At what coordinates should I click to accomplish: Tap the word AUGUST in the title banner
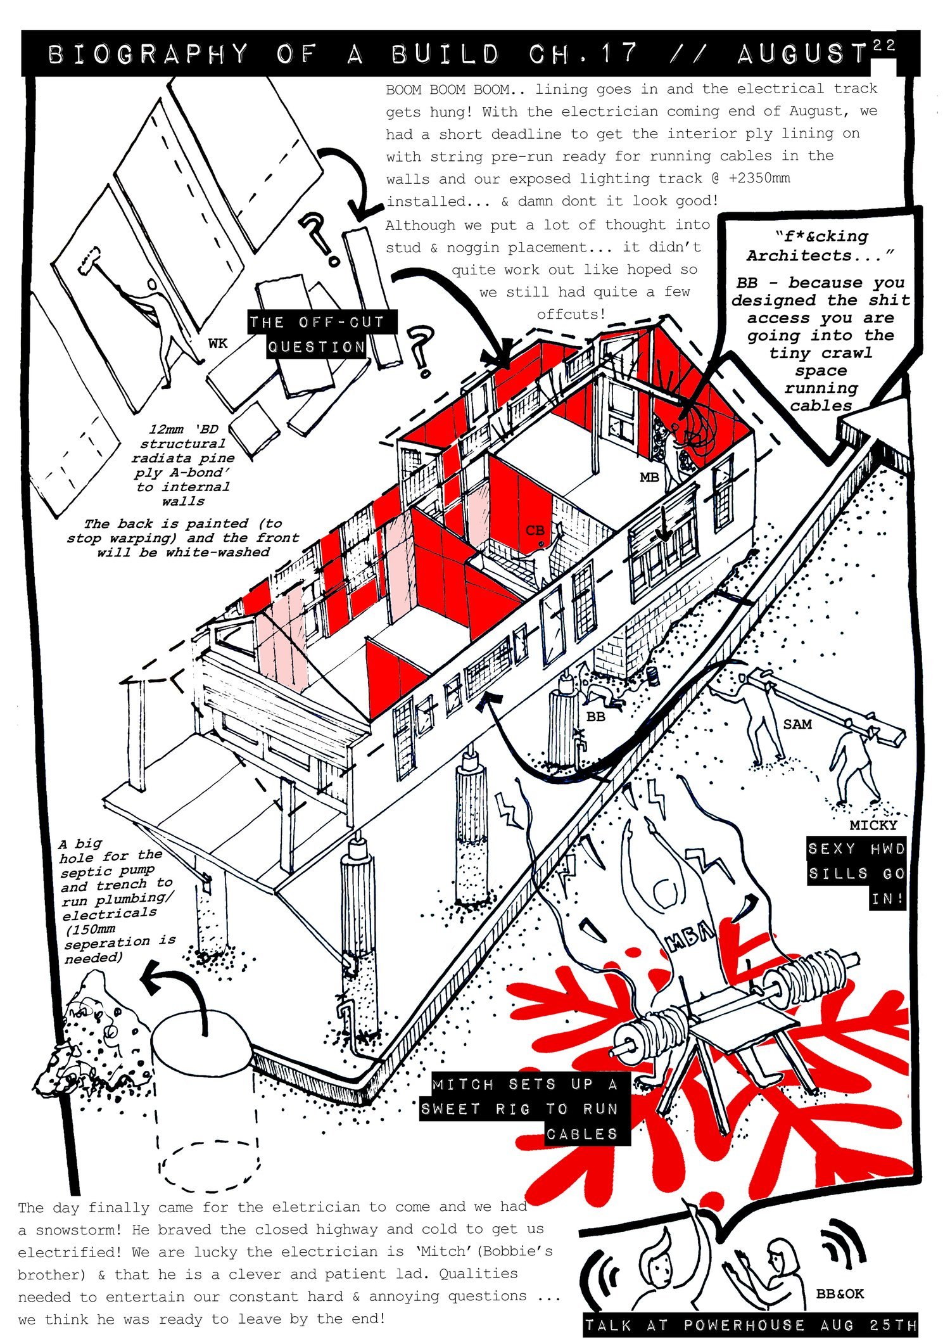tap(801, 54)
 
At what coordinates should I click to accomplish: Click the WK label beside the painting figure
tap(217, 343)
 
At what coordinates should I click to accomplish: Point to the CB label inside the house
tap(535, 530)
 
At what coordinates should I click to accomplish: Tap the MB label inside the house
tap(649, 477)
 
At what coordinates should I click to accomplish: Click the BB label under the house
tap(595, 717)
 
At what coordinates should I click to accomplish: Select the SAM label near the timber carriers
tap(797, 724)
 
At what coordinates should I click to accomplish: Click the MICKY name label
tap(873, 825)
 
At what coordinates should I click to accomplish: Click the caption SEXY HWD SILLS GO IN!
tap(856, 873)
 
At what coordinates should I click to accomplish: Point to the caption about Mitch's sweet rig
tap(524, 1109)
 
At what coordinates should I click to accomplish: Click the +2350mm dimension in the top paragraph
tap(759, 178)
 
